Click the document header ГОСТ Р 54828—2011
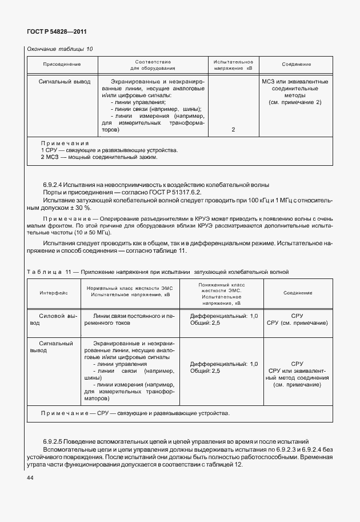tap(57, 32)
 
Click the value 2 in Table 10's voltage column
tap(233, 130)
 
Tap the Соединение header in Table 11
tap(297, 293)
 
